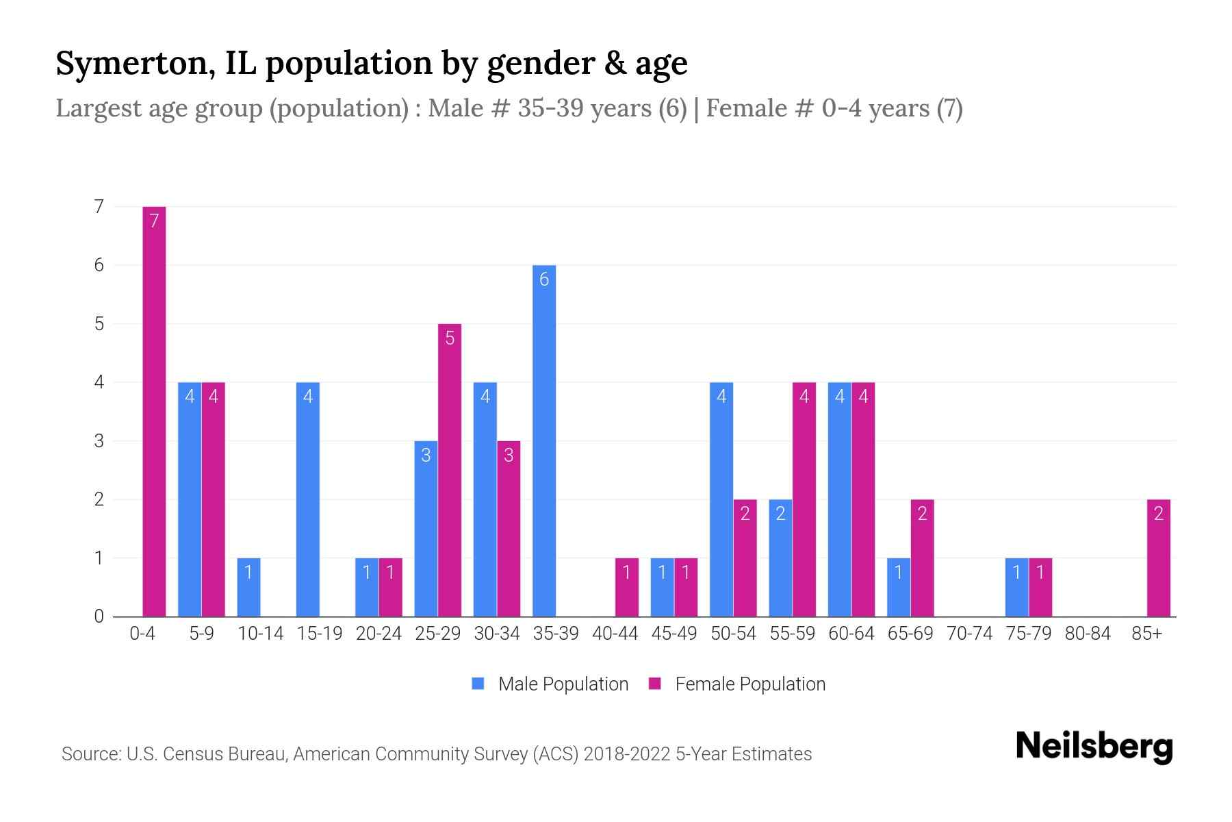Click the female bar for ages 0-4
pos(154,411)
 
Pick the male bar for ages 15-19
pos(308,499)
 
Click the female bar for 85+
pos(1158,558)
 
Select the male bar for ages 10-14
pos(248,587)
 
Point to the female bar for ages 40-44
pos(626,587)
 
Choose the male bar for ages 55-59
pos(780,558)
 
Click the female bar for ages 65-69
pos(922,558)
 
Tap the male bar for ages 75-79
pos(1016,587)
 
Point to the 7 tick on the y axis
pos(99,206)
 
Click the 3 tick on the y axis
pos(99,440)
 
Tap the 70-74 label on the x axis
pos(969,634)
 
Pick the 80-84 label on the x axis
pos(1088,634)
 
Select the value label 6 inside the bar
pos(544,279)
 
